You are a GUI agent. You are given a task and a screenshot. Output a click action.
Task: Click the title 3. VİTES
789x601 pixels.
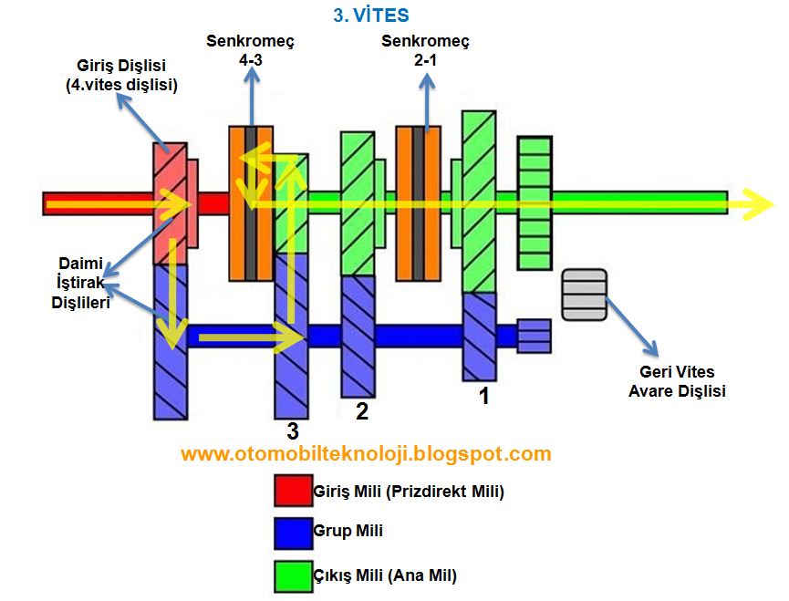(x=370, y=16)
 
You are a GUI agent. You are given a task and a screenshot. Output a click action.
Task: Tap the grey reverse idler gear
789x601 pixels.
(x=585, y=295)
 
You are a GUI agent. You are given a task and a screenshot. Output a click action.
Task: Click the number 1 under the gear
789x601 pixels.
(x=483, y=397)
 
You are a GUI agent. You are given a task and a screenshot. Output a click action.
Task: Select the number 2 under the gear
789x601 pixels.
(x=361, y=411)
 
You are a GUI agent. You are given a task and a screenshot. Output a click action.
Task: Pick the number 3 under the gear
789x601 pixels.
(x=292, y=430)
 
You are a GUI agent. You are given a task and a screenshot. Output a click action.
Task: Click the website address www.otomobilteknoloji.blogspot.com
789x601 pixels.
(x=366, y=453)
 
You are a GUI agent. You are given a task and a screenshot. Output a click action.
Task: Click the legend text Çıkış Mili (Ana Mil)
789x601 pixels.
(x=384, y=575)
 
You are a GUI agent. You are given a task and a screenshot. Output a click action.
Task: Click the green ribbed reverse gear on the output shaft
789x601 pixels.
(x=535, y=202)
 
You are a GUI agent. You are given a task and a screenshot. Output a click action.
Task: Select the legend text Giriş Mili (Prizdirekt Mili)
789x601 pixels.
(x=408, y=492)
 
